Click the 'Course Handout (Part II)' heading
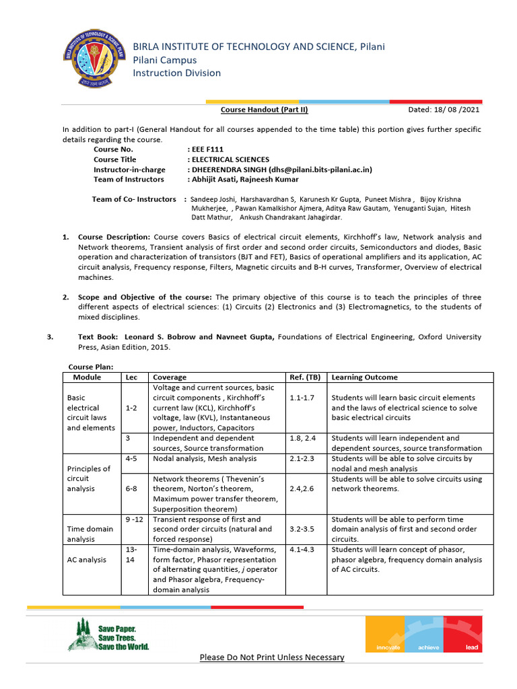click(x=265, y=110)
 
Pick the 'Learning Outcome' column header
click(x=364, y=377)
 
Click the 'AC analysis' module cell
click(x=88, y=559)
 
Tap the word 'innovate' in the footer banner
click(x=387, y=647)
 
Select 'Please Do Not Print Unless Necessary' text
click(x=271, y=657)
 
